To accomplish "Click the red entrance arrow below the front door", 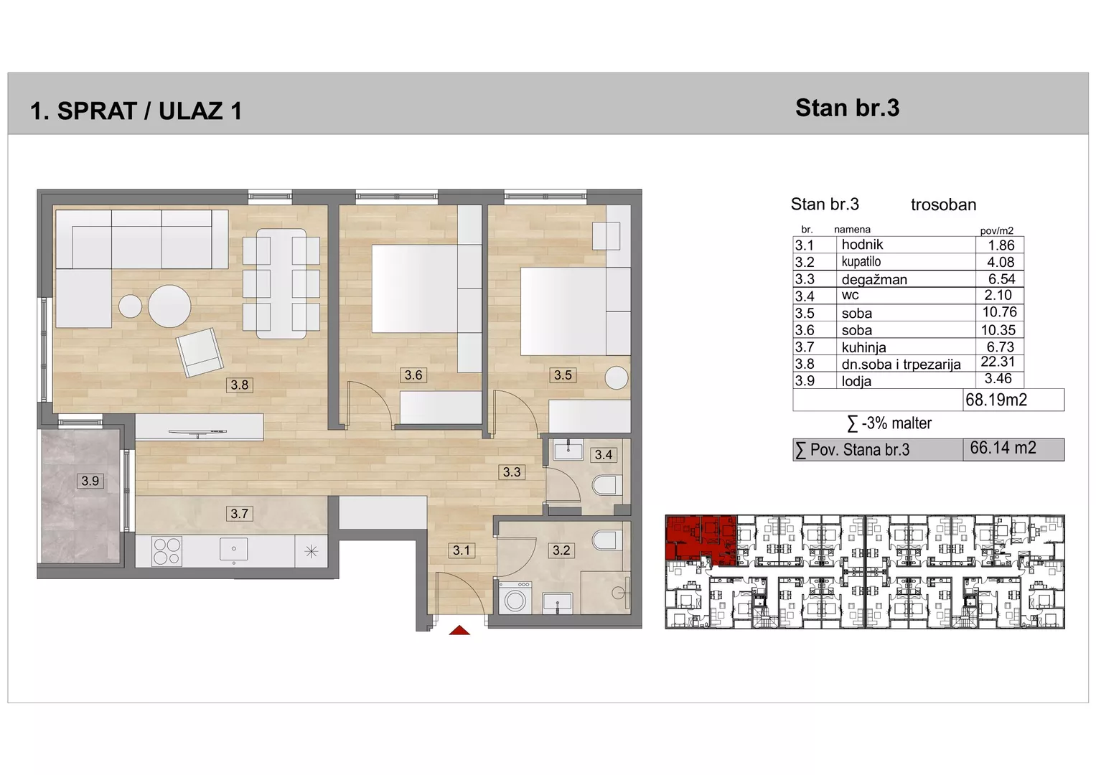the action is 459,630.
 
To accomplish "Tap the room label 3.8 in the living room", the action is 239,385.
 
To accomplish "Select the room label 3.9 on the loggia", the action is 90,481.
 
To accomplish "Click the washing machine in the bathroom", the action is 515,598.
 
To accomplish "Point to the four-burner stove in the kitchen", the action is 167,551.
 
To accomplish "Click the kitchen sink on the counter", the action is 233,550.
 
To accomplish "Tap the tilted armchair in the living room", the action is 199,352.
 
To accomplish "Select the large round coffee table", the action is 169,306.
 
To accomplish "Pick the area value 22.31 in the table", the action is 998,362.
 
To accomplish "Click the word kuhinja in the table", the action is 863,347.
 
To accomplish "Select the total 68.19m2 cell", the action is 996,400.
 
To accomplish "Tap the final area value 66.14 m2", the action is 1003,448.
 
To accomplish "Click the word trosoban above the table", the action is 943,205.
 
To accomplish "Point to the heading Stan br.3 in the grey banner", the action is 847,108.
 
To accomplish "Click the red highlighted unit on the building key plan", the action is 701,539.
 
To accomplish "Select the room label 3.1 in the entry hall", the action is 461,550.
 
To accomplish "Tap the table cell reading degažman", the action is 874,279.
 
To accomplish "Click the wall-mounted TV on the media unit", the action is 197,432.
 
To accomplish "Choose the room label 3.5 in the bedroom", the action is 563,375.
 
